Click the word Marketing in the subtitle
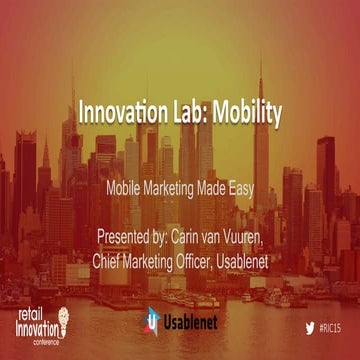tap(186, 187)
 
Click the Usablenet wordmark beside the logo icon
tap(189, 324)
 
